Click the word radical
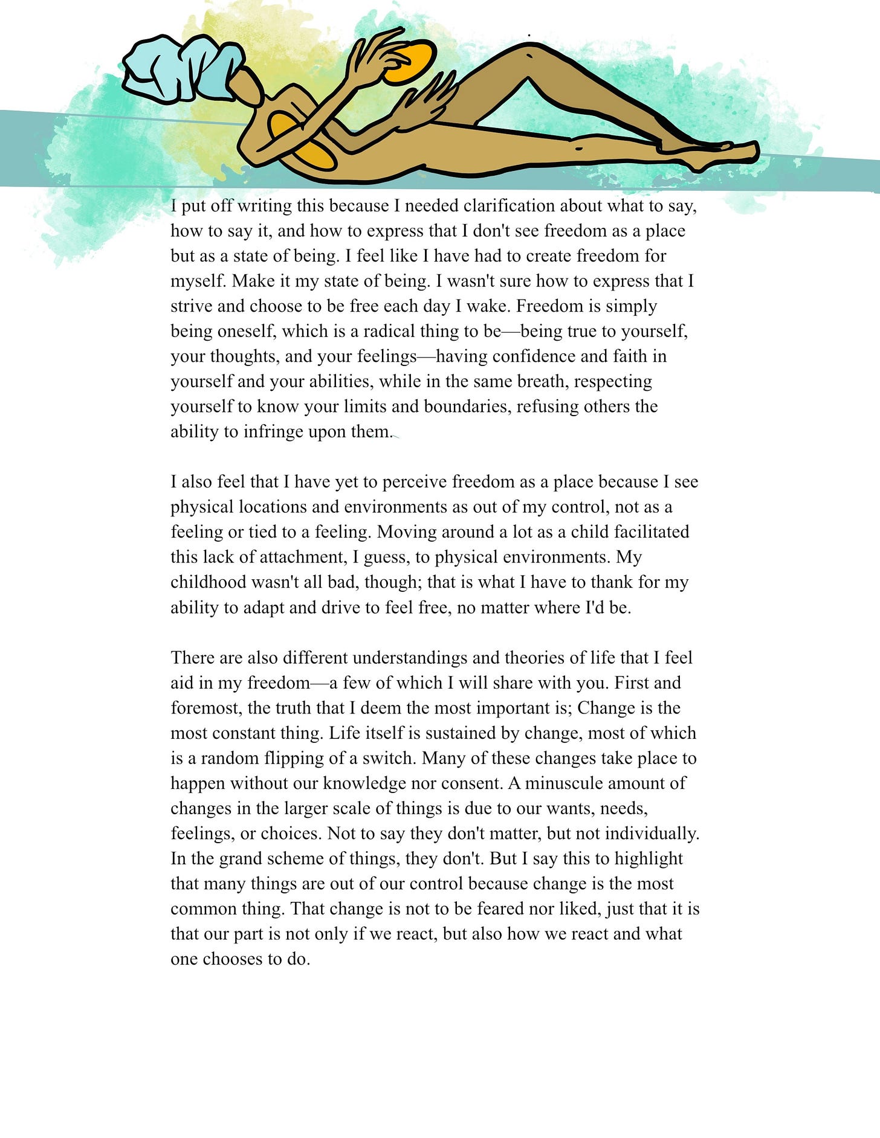pyautogui.click(x=392, y=332)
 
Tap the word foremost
pyautogui.click(x=205, y=708)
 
